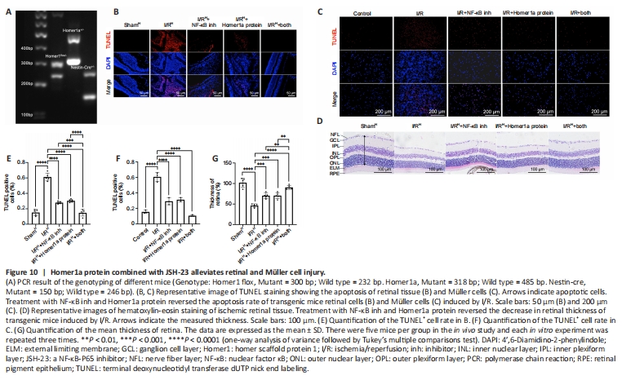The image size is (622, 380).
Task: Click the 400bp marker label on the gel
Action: coord(14,48)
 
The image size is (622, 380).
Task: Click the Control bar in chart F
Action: coord(144,216)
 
